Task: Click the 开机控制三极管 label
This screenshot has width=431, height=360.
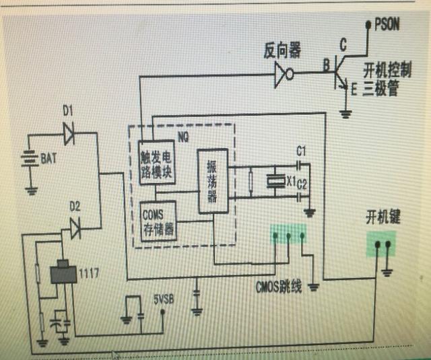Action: [x=386, y=78]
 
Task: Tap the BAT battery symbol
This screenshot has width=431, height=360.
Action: [x=29, y=161]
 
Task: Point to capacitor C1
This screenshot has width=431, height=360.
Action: [x=300, y=163]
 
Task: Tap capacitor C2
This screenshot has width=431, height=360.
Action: [x=300, y=197]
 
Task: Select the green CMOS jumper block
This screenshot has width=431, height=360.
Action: [x=289, y=235]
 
